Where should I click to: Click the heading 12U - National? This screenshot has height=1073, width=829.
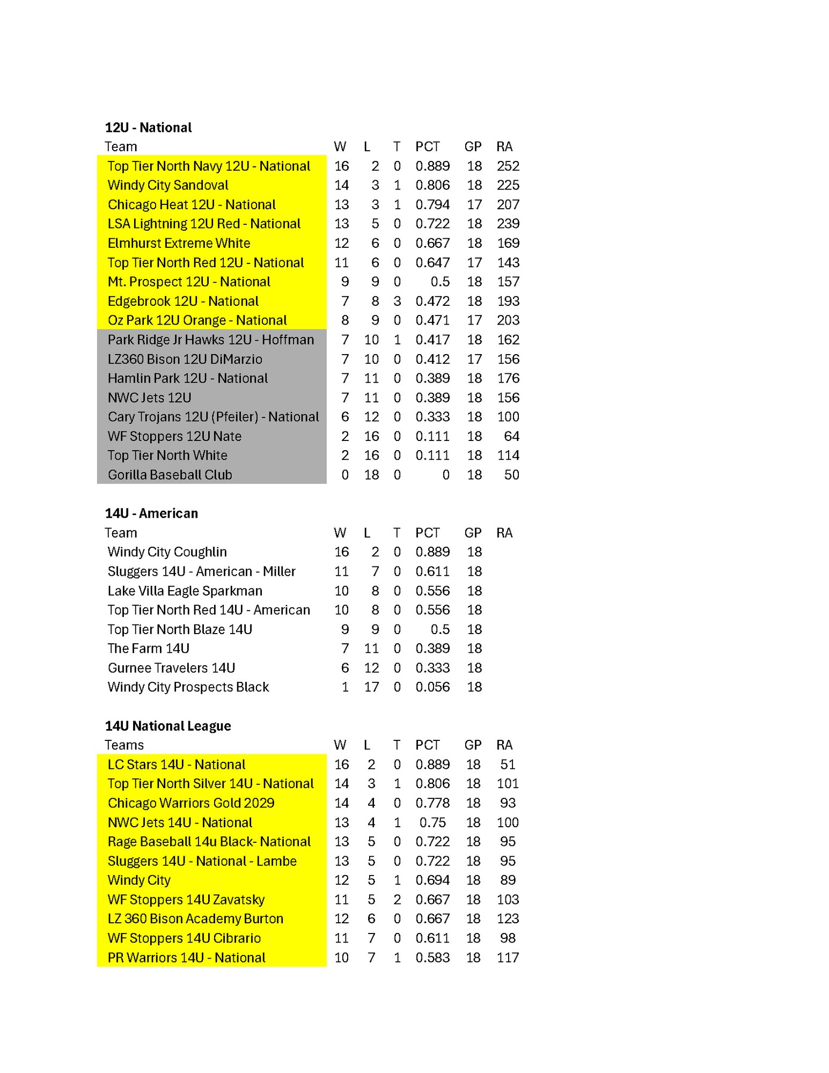148,128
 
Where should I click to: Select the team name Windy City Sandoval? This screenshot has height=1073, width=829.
168,185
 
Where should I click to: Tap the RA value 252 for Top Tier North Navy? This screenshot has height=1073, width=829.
508,166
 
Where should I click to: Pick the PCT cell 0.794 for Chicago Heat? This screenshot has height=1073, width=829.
432,204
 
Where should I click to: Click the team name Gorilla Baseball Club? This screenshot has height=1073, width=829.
170,475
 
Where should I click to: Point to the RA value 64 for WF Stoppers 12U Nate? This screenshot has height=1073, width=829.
511,436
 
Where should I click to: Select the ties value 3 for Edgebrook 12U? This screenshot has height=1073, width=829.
397,301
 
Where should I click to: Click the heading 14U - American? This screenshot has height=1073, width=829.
151,513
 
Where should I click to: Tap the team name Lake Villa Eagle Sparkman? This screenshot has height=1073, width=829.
185,591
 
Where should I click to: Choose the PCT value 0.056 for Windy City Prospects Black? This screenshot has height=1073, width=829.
432,687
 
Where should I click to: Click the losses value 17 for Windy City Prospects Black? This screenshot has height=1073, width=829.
371,687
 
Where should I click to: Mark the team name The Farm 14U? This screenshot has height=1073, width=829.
148,648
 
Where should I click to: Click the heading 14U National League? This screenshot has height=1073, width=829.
168,726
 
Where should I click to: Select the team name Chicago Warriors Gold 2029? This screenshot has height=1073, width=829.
191,803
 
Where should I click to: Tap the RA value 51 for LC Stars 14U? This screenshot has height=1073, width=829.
508,764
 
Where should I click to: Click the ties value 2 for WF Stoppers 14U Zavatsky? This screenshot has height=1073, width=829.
397,899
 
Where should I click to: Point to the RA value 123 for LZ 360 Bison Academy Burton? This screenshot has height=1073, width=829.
508,918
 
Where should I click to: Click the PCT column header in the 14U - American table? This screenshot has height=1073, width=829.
427,533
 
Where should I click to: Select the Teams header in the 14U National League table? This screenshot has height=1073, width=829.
124,745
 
